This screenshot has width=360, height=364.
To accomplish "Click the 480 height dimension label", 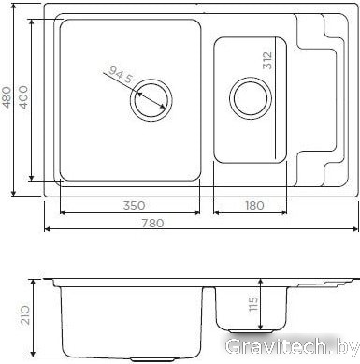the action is point(7,97).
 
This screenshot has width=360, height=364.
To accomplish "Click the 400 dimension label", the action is point(23,97).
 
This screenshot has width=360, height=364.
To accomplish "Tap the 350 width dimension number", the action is point(134,206).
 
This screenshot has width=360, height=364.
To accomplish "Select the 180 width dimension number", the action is point(254,206).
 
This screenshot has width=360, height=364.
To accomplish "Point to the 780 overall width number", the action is point(152,224).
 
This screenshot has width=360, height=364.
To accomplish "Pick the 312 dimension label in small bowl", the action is point(267,60).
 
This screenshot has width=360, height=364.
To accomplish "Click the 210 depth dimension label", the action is point(24,315).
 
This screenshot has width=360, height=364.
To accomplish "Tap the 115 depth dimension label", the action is point(253,303).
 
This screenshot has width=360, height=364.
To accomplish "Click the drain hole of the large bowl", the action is point(151,100).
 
